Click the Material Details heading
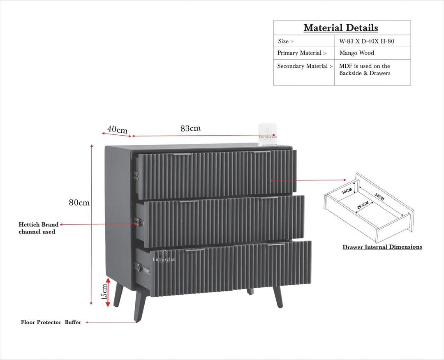341,28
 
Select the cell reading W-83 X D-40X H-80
367,41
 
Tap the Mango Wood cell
356,53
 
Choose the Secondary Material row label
305,66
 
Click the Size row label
286,41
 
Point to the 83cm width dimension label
190,128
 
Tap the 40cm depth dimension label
117,129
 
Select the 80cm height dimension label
79,203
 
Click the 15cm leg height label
104,291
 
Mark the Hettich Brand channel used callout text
38,228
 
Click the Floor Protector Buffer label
51,323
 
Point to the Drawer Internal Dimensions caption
382,247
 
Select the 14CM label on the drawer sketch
347,191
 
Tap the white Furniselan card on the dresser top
268,134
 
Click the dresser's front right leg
278,297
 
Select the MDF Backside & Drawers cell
365,69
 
